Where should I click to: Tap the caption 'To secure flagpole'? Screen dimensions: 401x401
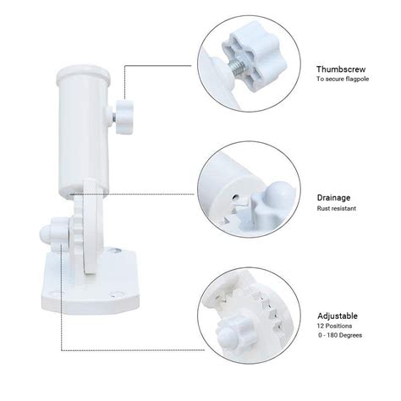pos(347,79)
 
